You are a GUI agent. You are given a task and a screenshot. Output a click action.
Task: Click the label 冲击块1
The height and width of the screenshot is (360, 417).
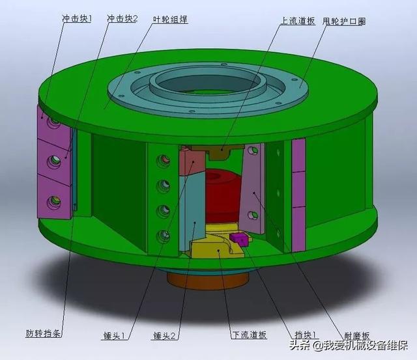[77, 19]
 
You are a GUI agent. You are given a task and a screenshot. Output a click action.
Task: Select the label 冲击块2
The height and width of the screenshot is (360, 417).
[122, 19]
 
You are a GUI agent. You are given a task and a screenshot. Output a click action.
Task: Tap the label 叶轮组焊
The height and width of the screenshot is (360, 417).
[171, 20]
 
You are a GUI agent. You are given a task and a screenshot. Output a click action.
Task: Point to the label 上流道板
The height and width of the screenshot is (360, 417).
[298, 21]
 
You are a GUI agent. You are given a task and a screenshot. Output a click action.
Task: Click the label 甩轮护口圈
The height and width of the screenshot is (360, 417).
[344, 21]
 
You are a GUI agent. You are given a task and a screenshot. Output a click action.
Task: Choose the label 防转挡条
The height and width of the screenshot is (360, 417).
[44, 333]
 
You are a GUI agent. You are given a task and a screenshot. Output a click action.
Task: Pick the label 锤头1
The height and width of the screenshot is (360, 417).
[114, 335]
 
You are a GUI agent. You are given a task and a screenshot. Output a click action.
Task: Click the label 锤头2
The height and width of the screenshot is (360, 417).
[165, 336]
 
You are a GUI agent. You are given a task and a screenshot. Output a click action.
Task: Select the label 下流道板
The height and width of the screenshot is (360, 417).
[249, 335]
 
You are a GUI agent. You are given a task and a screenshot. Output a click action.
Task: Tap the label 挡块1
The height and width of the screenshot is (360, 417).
[305, 335]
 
